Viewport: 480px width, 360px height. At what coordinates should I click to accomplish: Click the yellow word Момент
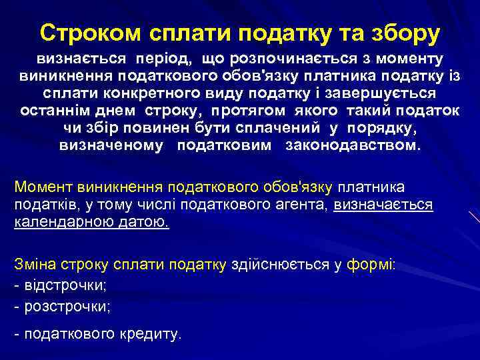tap(43, 188)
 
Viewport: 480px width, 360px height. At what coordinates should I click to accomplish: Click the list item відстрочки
tap(65, 285)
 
